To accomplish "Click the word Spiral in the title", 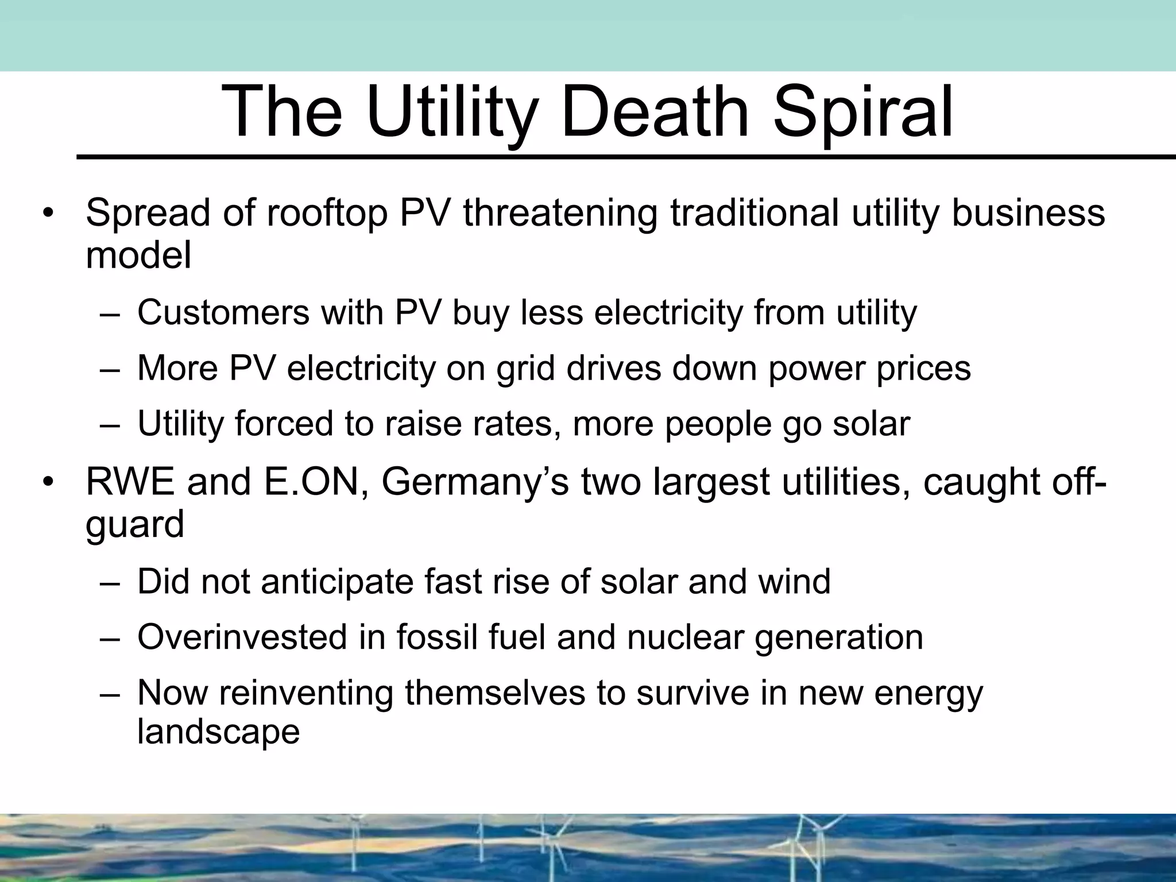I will pos(862,112).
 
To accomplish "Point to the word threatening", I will pos(560,213).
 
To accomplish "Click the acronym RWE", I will pos(130,482).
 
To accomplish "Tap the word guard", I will pos(135,524).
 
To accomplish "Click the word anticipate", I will pos(337,582).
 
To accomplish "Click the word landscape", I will pos(219,732).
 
